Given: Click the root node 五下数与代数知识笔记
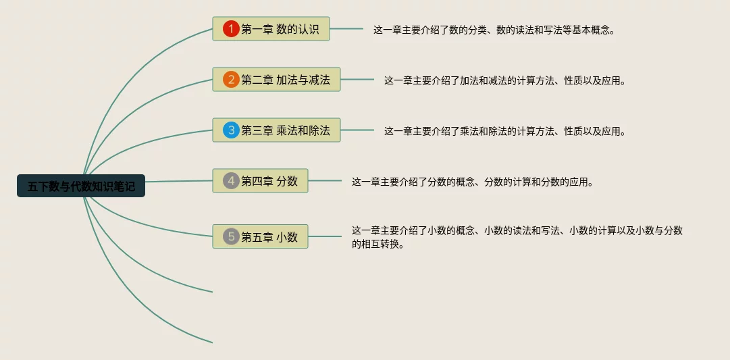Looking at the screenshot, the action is pos(81,186).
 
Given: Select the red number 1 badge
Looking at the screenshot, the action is pos(232,29).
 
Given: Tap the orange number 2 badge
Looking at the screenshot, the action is pos(232,80).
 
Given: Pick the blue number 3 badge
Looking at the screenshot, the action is pos(232,130).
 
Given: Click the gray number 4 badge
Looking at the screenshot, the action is pos(232,181).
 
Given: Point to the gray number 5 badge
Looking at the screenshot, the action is pos(232,236).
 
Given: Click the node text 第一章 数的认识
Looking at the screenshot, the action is pos(284,29).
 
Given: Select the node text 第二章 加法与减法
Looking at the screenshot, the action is pos(286,80).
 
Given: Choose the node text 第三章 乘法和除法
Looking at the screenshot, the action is pos(286,130).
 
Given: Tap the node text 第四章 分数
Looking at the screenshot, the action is pos(269,181).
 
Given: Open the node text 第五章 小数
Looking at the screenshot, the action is pos(269,236).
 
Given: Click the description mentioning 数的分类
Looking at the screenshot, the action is pos(494,30).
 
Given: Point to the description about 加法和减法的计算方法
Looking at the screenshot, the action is pos(504,80).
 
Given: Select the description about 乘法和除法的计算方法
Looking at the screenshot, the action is pos(504,131).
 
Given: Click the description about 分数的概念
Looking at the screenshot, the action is pos(472,182).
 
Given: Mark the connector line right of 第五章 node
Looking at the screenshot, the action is pos(325,236).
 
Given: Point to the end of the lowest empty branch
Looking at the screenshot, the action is pos(211,342).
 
